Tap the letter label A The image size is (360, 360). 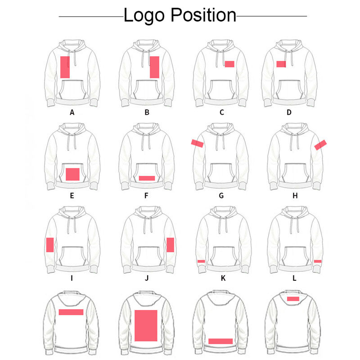click(x=72, y=112)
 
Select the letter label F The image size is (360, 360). click(x=147, y=196)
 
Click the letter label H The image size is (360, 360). click(x=295, y=196)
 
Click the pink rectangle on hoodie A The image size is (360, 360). click(x=65, y=67)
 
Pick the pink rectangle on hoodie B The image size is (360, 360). click(x=154, y=67)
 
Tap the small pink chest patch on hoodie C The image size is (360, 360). click(x=229, y=64)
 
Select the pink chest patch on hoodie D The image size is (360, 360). click(x=281, y=64)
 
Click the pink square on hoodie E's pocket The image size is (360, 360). click(x=72, y=174)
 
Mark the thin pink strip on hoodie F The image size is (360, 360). click(x=147, y=178)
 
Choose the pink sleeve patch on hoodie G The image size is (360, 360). click(x=197, y=144)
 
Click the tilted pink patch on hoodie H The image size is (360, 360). click(x=320, y=144)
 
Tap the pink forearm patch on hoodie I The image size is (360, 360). click(x=50, y=245)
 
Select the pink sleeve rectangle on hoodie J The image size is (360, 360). click(x=170, y=245)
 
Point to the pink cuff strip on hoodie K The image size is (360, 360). click(x=201, y=261)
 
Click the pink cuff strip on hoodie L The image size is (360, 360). click(x=318, y=261)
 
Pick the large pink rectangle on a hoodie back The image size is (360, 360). click(x=146, y=325)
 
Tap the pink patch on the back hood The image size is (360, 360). click(x=293, y=298)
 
